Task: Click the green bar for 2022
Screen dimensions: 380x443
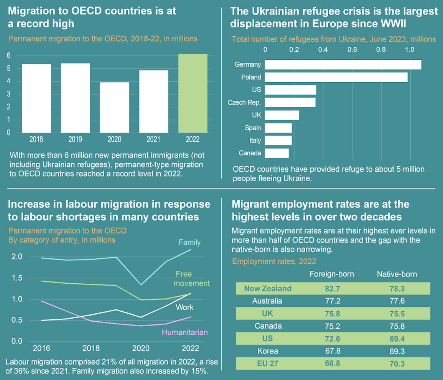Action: coord(193,93)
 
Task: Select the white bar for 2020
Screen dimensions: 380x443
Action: coord(114,107)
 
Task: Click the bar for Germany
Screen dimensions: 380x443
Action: coord(343,65)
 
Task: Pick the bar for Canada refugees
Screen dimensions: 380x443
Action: coord(277,153)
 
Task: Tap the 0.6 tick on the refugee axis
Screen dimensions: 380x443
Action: coord(352,49)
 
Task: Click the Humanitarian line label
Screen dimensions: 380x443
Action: coord(185,332)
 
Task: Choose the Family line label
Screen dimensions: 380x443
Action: coord(189,242)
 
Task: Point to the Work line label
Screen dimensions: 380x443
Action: coord(184,307)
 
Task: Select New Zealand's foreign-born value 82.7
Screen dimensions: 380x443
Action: coord(332,288)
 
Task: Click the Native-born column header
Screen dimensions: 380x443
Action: coord(397,274)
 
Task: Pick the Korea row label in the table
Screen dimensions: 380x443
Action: coord(268,351)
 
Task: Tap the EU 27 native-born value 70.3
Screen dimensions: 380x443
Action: coord(397,363)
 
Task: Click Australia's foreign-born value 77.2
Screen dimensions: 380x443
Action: coord(332,301)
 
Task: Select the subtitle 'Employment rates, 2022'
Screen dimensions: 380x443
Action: coord(274,262)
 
